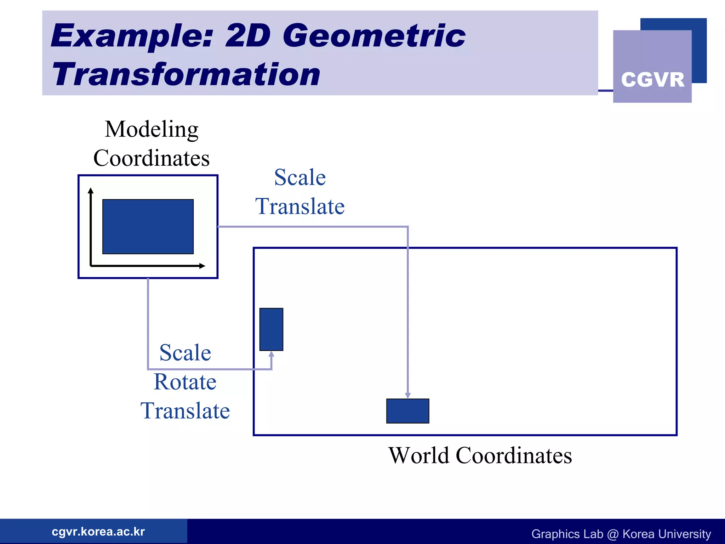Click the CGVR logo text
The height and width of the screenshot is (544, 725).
pyautogui.click(x=652, y=80)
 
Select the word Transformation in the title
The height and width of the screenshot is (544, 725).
pyautogui.click(x=186, y=74)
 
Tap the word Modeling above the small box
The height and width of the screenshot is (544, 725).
pyautogui.click(x=152, y=129)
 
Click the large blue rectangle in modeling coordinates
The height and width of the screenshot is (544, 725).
pyautogui.click(x=148, y=227)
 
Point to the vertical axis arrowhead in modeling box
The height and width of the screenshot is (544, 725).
pyautogui.click(x=91, y=191)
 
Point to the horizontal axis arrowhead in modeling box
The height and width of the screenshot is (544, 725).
pyautogui.click(x=202, y=266)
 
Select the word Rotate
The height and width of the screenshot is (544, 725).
pyautogui.click(x=185, y=382)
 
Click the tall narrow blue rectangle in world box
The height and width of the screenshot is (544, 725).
pyautogui.click(x=271, y=329)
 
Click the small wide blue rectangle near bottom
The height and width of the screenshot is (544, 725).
pyautogui.click(x=407, y=411)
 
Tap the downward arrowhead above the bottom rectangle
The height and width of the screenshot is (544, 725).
pyautogui.click(x=408, y=395)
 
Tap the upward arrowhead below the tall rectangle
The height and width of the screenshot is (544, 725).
pyautogui.click(x=272, y=354)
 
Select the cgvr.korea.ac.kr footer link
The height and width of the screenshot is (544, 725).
pyautogui.click(x=98, y=532)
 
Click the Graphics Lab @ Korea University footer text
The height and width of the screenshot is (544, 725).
pyautogui.click(x=621, y=534)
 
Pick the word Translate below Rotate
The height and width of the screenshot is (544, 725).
pyautogui.click(x=185, y=411)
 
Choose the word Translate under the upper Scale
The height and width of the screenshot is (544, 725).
pyautogui.click(x=300, y=206)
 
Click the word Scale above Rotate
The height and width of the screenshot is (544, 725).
pyautogui.click(x=185, y=353)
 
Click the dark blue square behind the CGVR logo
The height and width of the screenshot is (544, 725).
pyautogui.click(x=699, y=50)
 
